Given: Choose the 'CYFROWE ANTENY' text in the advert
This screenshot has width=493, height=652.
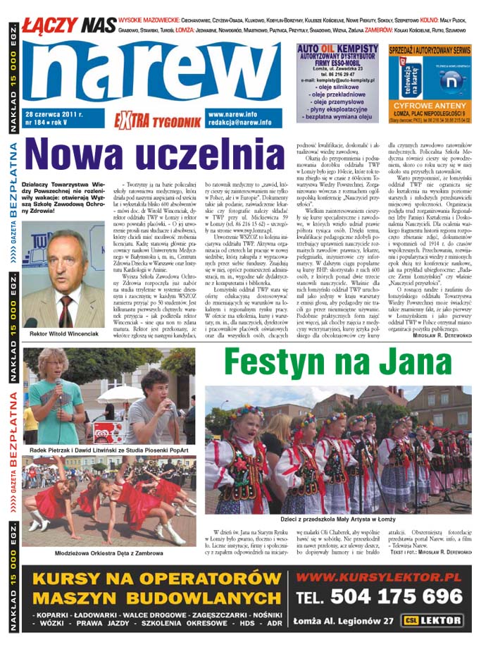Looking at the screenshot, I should (430, 101).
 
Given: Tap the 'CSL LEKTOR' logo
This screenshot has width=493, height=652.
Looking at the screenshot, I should (432, 620).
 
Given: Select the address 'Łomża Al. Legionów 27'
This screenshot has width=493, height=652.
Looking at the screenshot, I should (345, 620).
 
